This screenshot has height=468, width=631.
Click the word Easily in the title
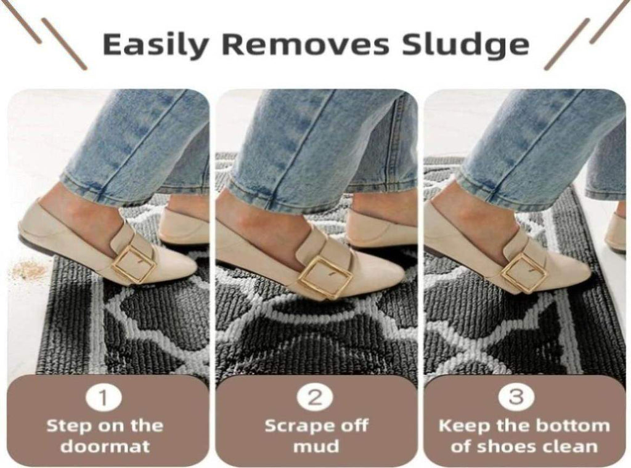pyautogui.click(x=153, y=45)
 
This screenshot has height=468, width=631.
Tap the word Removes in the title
pyautogui.click(x=305, y=44)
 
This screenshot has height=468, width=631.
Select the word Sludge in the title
pyautogui.click(x=466, y=45)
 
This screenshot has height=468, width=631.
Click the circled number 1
pyautogui.click(x=104, y=398)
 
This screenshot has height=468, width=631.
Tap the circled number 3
pyautogui.click(x=517, y=398)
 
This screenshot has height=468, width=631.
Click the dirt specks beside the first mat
pyautogui.click(x=24, y=270)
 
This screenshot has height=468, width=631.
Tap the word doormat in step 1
pyautogui.click(x=105, y=446)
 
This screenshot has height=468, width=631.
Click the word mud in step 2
pyautogui.click(x=315, y=447)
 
